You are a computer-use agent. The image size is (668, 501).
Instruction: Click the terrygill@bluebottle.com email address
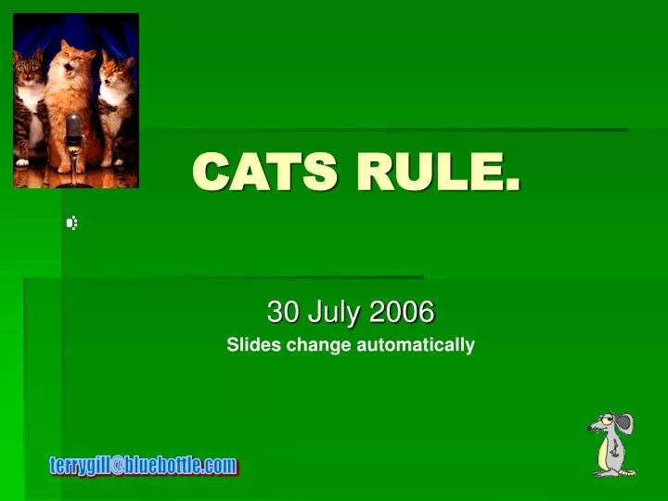point(144,466)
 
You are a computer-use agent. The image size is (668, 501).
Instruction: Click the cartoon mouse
point(611,444)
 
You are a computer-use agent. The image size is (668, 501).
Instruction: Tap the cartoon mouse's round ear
point(624,423)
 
